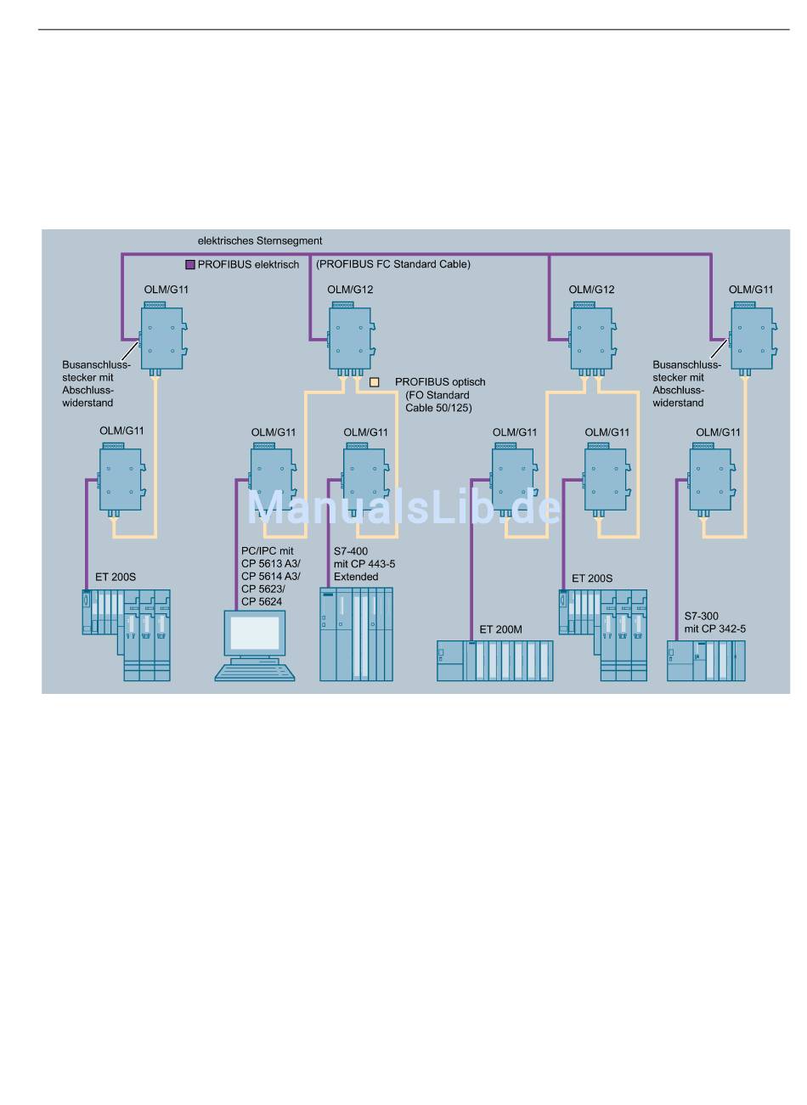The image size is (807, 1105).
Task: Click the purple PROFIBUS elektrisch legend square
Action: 190,265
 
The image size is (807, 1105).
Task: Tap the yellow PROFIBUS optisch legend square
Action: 375,382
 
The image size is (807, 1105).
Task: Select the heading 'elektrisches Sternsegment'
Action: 260,240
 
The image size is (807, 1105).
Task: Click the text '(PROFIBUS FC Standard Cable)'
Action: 393,264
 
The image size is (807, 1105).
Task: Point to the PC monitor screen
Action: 255,633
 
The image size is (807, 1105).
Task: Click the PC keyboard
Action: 255,673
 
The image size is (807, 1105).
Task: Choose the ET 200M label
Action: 500,629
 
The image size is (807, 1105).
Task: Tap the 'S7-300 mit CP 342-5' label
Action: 714,622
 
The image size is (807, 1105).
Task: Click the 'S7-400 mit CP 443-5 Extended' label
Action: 364,564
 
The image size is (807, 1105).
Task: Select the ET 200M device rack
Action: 494,661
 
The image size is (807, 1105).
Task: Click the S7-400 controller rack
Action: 356,634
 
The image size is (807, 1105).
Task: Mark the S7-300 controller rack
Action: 706,661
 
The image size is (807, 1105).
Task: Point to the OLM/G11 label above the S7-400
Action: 365,432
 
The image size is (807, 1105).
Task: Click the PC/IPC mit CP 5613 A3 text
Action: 270,557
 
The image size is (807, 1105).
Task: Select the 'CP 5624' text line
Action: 262,602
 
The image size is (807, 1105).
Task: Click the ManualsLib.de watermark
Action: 404,507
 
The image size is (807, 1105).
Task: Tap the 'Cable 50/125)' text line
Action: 438,408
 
